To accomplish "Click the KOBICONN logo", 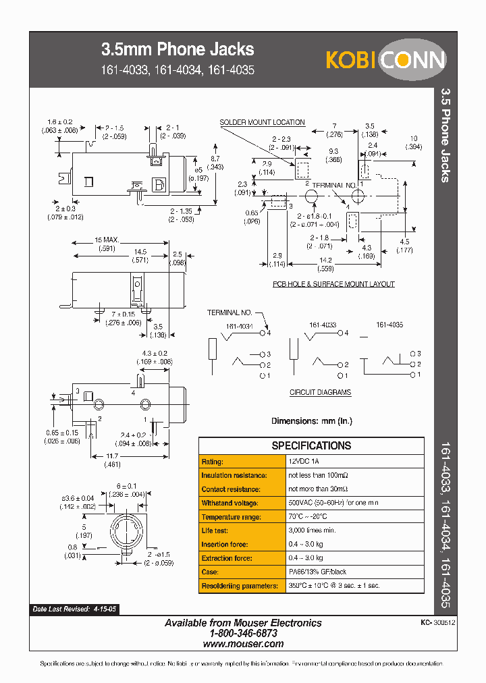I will tap(386, 60).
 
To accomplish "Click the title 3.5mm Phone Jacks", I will tap(178, 49).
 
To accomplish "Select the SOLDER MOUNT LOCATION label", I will tap(262, 122).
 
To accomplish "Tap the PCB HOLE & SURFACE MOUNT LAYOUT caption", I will tap(333, 284).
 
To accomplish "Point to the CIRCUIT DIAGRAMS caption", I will tap(320, 392).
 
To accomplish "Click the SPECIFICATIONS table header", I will tap(311, 445).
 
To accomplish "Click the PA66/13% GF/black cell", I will tap(317, 572).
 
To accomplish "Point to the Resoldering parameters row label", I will tap(239, 586).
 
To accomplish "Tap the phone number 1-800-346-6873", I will tap(243, 634).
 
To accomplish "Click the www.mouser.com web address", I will tap(243, 644).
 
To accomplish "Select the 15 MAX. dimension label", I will tap(107, 240).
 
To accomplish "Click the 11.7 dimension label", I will tap(112, 456).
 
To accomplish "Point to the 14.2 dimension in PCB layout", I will tap(326, 260).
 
